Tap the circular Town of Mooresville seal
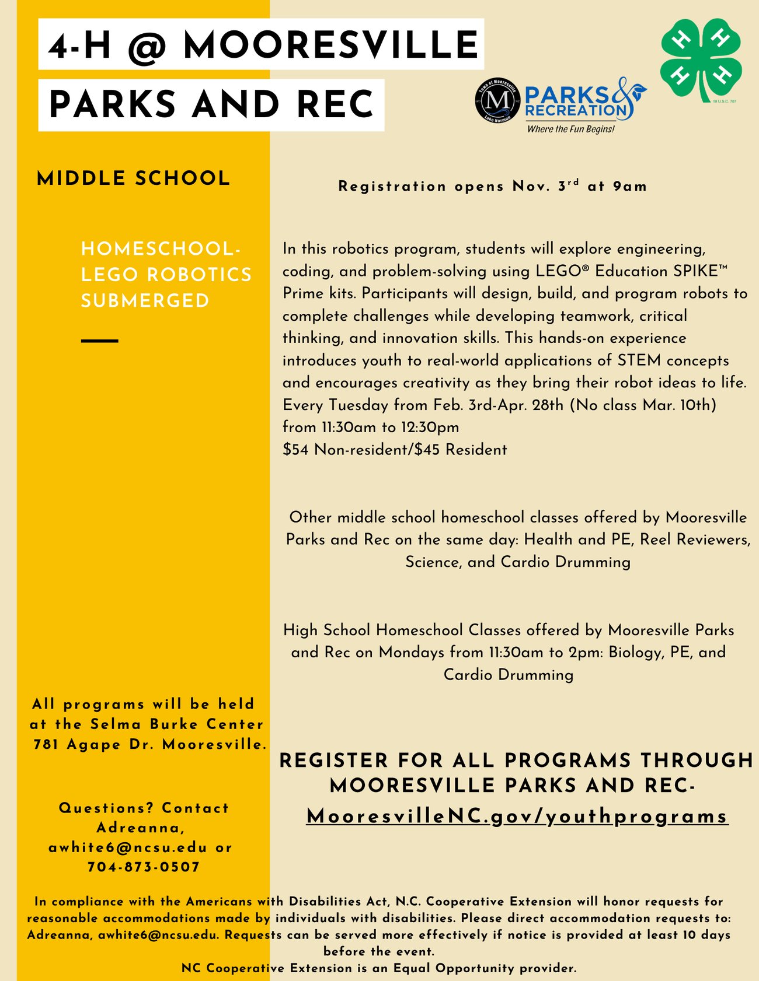coord(497,100)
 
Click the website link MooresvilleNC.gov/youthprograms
coord(517,816)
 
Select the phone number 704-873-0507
coord(144,867)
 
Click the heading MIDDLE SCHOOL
coord(134,178)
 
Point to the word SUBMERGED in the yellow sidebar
coord(145,301)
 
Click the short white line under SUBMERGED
coord(100,341)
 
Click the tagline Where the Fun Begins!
coord(570,129)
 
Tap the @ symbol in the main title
coord(148,46)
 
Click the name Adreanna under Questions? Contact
coord(140,828)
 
